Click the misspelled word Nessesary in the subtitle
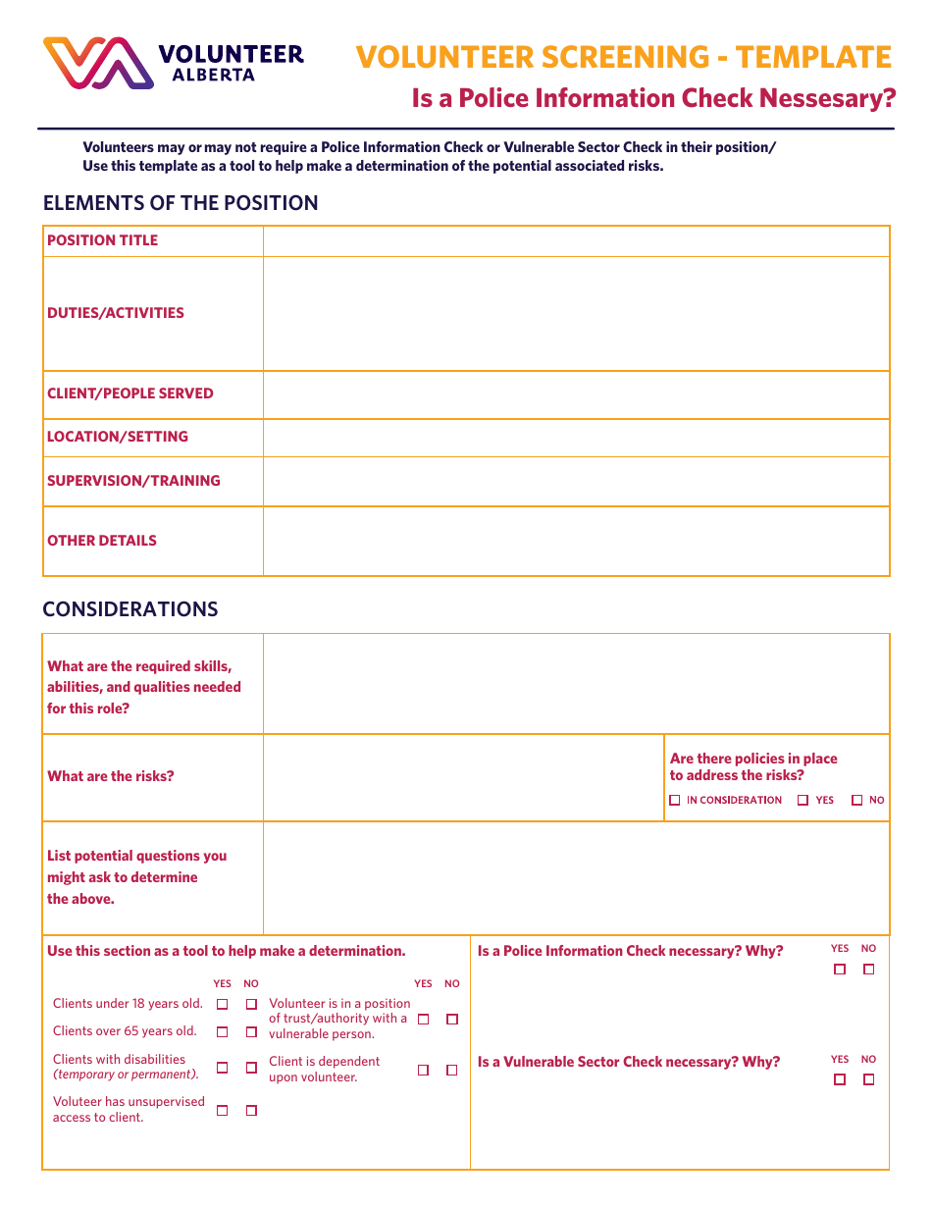pos(832,98)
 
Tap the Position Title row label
pos(102,240)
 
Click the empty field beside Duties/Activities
pos(576,313)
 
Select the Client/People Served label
pos(129,394)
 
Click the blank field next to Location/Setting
pos(576,438)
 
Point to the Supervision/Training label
pos(133,481)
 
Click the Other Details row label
pos(102,541)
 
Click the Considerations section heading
pos(129,609)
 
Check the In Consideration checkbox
pos(675,801)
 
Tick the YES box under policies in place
pos(803,801)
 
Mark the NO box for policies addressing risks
pos(857,801)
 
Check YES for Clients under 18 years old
pos(223,1004)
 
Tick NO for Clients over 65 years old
pos(251,1031)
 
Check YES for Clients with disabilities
pos(223,1067)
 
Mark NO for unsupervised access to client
pos(251,1110)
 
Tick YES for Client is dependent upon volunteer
pos(424,1070)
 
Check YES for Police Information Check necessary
pos(840,970)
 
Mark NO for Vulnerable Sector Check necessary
pos(868,1079)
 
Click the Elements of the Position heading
pos(181,203)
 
